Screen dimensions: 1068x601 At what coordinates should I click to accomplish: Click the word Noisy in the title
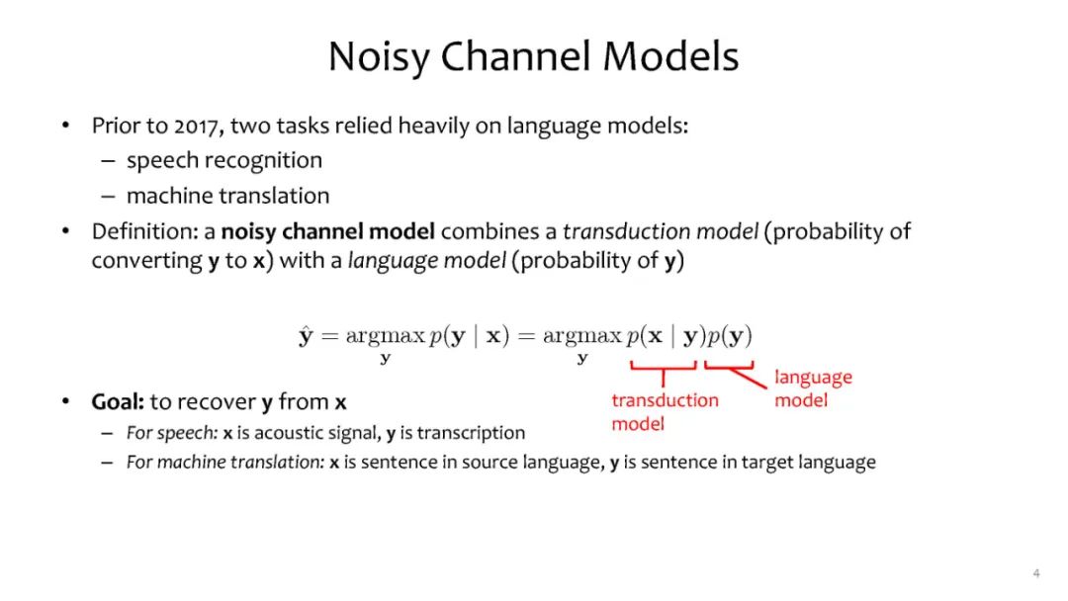tap(379, 57)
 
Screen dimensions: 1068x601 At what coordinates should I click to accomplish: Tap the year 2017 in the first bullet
tap(197, 126)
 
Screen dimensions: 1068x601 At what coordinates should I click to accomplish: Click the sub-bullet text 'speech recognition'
tap(224, 161)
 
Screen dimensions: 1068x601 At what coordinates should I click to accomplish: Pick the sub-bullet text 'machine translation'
tap(228, 196)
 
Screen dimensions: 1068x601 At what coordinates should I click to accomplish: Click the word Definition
tap(144, 231)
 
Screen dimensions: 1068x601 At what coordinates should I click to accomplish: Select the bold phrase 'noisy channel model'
tap(327, 232)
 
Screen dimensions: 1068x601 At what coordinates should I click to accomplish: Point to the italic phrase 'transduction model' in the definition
tap(660, 231)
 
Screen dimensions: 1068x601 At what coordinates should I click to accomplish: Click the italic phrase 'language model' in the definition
tap(427, 261)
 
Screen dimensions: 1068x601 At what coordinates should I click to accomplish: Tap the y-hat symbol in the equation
tap(306, 335)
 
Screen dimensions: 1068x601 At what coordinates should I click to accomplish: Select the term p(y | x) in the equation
tap(470, 335)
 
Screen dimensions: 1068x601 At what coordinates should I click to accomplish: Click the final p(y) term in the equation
tap(730, 335)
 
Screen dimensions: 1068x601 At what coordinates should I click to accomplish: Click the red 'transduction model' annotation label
tap(665, 412)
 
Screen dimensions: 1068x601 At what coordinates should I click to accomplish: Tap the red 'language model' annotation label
tap(813, 388)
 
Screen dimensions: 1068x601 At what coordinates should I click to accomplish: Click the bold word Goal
tap(118, 401)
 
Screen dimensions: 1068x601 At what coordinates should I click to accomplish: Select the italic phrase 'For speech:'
tap(172, 434)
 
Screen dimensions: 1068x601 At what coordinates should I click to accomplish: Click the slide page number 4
tap(1036, 573)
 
